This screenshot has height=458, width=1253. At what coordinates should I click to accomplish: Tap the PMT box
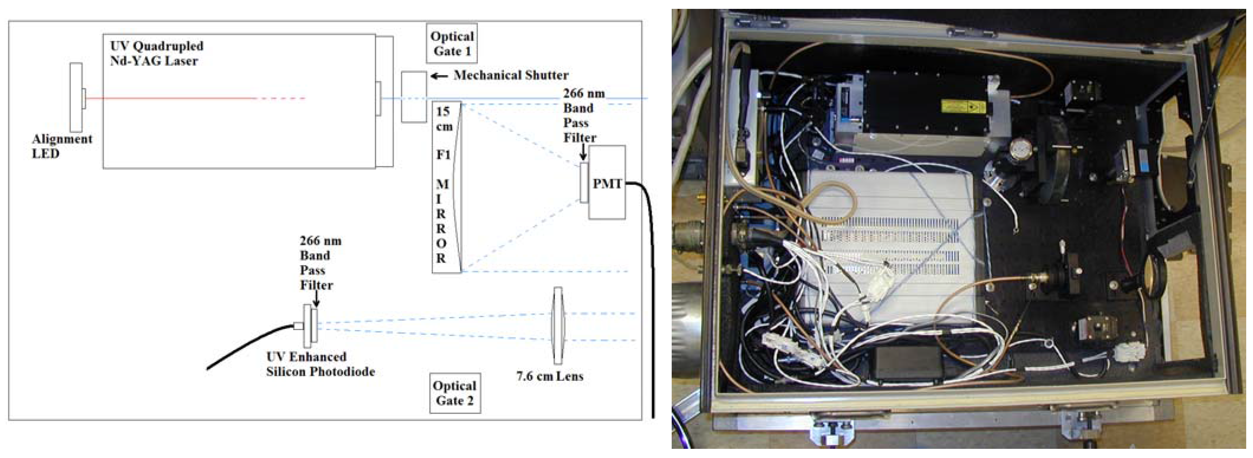pos(606,183)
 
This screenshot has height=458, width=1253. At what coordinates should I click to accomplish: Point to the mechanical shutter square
pos(414,97)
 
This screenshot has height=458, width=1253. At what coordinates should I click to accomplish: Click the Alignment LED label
pos(62,146)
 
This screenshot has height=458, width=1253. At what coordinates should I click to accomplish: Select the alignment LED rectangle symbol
pos(77,97)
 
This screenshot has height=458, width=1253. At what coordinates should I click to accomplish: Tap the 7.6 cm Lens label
pos(550,376)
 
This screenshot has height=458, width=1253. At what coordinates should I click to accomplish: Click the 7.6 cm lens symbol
pos(558,325)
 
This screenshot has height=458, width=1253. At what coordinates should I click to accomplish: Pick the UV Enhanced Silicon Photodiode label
pos(320,364)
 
